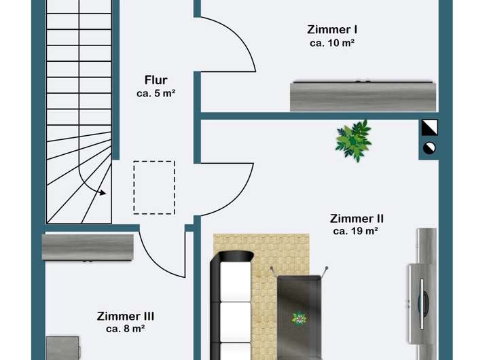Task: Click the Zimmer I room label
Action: [x=333, y=30]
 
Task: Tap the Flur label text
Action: [x=156, y=80]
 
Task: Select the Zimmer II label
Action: [x=357, y=219]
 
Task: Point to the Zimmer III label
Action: [x=126, y=316]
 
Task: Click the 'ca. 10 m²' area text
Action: [x=333, y=43]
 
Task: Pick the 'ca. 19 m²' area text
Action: [x=356, y=232]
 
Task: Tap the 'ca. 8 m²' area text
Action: [x=126, y=329]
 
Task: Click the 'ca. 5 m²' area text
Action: [x=156, y=94]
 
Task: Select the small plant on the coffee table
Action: [x=299, y=317]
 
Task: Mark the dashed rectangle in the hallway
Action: [x=154, y=187]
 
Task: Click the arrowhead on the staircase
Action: [x=103, y=192]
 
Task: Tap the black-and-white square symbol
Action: [x=429, y=128]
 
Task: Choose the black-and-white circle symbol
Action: [x=429, y=147]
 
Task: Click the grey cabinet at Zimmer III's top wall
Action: [x=88, y=247]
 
